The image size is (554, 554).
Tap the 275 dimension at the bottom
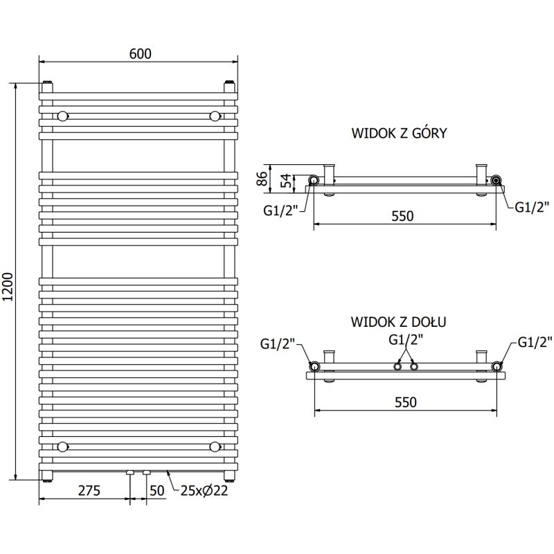click(x=89, y=491)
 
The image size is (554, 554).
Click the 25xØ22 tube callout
click(x=204, y=491)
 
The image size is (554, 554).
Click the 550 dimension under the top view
click(x=402, y=215)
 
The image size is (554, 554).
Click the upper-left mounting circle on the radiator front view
click(x=63, y=116)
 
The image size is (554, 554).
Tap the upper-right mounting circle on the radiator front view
click(x=215, y=116)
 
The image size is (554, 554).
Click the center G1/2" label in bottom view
click(x=406, y=339)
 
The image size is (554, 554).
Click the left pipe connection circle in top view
click(x=314, y=181)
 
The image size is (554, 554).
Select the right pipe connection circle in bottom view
click(x=497, y=366)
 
